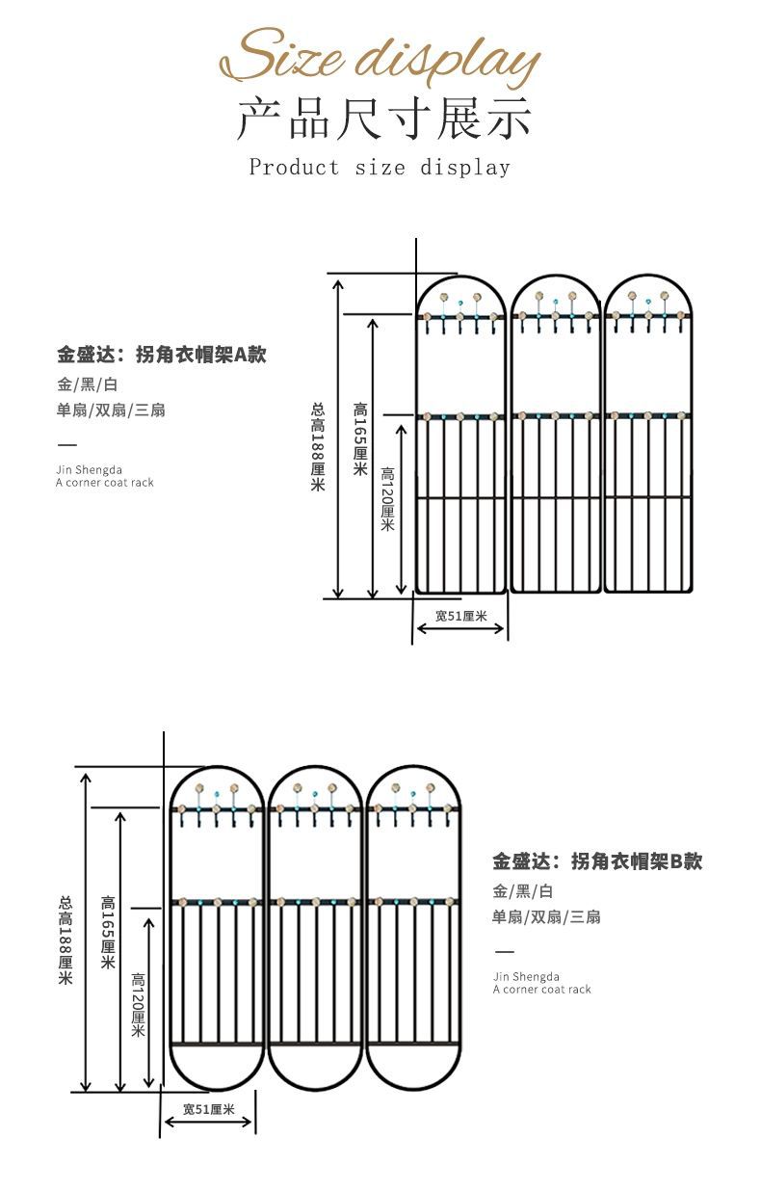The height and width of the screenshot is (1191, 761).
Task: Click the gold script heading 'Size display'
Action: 380,58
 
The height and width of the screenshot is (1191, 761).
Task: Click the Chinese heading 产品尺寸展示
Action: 384,120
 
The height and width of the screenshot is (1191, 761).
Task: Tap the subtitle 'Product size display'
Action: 380,168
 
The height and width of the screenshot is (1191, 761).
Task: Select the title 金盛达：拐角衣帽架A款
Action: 161,355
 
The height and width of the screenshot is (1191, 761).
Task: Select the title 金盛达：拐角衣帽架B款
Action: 597,861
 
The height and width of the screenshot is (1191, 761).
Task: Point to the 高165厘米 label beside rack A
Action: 359,438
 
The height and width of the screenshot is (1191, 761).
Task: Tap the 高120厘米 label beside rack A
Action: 387,499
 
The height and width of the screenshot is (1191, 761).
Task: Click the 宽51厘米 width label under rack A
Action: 460,617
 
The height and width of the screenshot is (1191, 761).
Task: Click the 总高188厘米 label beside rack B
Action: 66,940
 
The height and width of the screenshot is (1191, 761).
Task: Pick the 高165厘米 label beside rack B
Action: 108,933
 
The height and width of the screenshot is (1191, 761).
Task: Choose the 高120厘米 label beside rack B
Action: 137,1004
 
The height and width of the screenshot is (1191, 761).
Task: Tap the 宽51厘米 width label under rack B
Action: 209,1110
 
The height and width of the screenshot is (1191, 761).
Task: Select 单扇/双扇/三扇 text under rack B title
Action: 546,917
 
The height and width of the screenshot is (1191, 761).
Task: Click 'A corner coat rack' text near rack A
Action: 105,483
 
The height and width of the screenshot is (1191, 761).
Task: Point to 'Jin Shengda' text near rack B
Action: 526,977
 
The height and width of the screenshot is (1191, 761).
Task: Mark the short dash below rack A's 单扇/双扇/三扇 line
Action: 67,444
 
